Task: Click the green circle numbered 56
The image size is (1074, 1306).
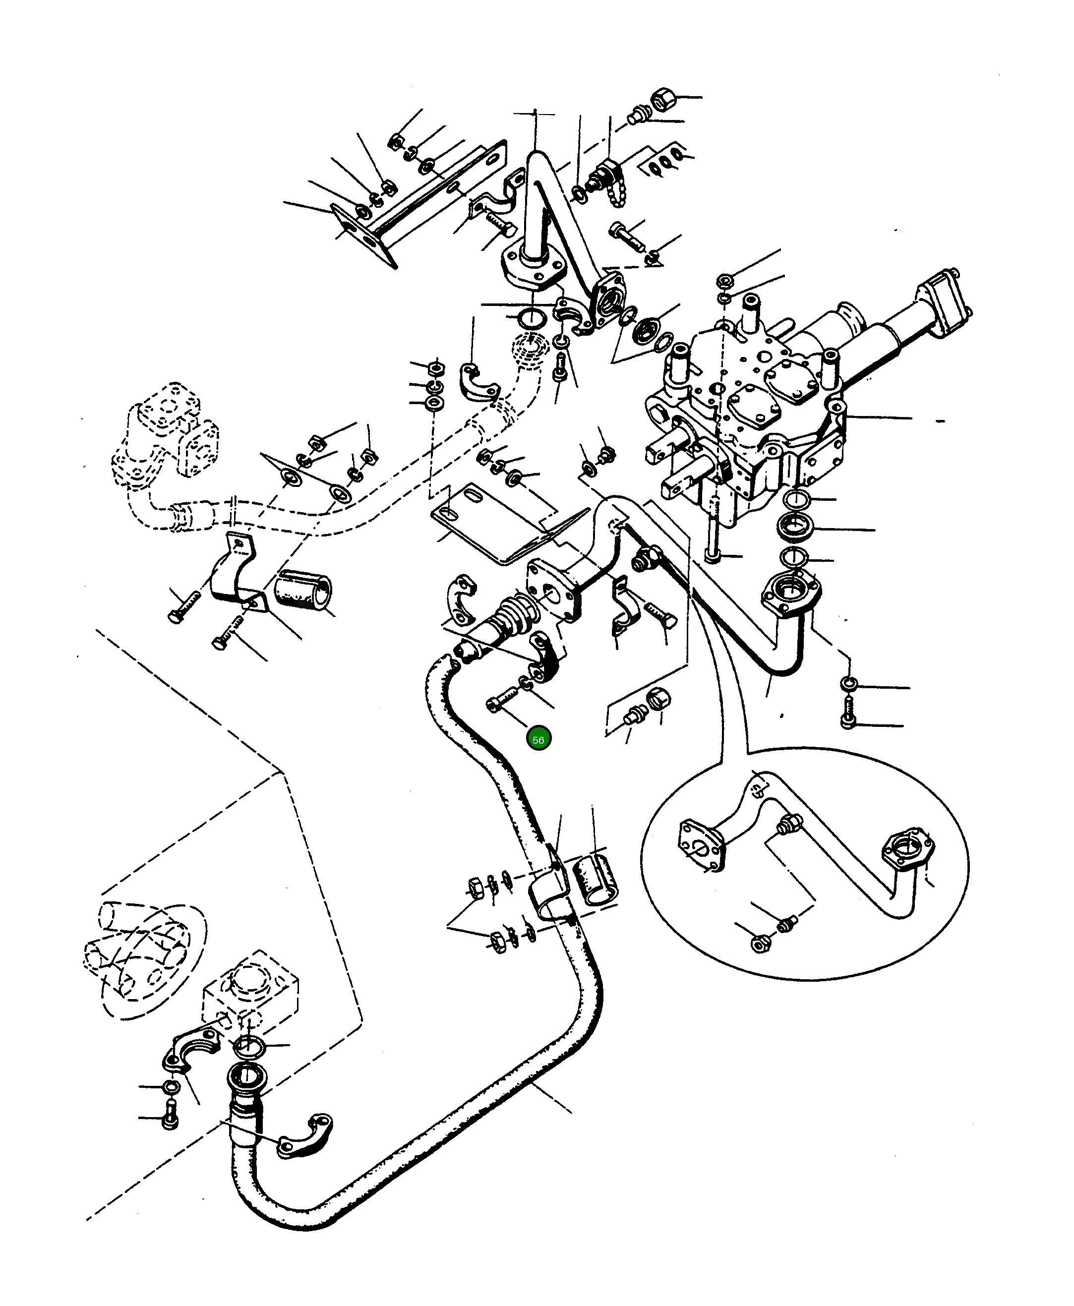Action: pyautogui.click(x=538, y=739)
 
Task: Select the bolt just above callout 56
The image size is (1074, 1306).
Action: pyautogui.click(x=504, y=700)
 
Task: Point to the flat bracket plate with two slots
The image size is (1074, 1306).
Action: pyautogui.click(x=489, y=523)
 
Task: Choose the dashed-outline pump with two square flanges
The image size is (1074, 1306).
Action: pyautogui.click(x=167, y=433)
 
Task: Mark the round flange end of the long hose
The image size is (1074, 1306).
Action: pyautogui.click(x=248, y=1079)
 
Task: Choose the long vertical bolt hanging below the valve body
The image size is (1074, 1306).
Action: pyautogui.click(x=714, y=526)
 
